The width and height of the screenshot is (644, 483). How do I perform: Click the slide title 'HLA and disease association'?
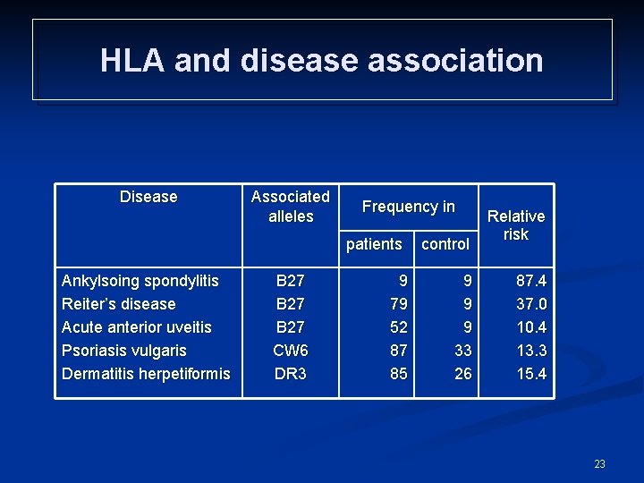click(322, 61)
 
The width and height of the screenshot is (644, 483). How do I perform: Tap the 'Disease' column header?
click(148, 197)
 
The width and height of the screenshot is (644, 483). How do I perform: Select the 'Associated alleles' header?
click(290, 207)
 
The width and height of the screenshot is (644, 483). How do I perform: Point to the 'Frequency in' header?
click(408, 207)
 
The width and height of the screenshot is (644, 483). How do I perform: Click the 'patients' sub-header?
click(374, 243)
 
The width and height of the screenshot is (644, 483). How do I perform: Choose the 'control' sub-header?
click(445, 243)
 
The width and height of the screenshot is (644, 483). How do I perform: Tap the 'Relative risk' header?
click(516, 225)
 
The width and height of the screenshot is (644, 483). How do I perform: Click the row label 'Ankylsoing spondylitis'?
click(140, 281)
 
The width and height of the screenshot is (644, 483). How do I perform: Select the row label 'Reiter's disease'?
click(119, 304)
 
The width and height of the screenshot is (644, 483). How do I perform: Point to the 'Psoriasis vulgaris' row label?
click(124, 351)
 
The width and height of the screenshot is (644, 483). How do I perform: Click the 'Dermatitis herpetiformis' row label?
click(146, 374)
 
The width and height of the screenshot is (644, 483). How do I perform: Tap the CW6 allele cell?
click(290, 351)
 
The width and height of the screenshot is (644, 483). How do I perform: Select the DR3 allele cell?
click(290, 374)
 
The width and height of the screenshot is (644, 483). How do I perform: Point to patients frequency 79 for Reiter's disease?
click(398, 304)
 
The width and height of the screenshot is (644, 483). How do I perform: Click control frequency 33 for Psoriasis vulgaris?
click(462, 351)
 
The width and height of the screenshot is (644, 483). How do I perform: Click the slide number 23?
click(599, 463)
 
